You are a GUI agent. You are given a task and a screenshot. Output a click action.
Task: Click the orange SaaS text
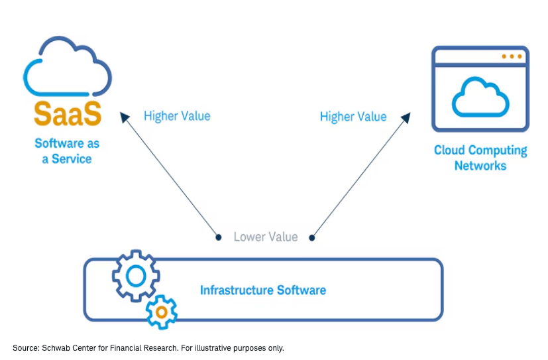pos(68,113)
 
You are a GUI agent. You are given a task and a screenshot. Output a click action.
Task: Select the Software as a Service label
pos(66,150)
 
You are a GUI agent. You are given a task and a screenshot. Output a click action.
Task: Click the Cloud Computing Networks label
pos(480,157)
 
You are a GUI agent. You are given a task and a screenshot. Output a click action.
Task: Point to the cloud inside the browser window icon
pos(480,97)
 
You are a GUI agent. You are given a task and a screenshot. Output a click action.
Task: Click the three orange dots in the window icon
pos(511,57)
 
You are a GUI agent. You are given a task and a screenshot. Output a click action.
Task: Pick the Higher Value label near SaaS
pos(177,116)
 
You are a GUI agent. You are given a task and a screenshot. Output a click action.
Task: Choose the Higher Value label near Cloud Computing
pos(353,117)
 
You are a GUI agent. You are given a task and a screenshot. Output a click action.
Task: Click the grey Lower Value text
pos(265,237)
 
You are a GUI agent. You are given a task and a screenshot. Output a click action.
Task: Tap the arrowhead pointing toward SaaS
pos(125,117)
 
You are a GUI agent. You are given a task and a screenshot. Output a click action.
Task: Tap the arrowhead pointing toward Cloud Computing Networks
pos(406,117)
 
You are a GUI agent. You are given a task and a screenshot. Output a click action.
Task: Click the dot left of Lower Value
pos(218,237)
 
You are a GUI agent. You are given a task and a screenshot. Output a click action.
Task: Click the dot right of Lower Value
pos(312,237)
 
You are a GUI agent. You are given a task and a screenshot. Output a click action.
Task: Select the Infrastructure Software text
pos(263,290)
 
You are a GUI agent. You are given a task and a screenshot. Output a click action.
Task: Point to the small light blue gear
pos(161,310)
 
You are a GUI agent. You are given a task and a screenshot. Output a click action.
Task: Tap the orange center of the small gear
pos(161,310)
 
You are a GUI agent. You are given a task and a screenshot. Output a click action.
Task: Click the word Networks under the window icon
pos(480,165)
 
